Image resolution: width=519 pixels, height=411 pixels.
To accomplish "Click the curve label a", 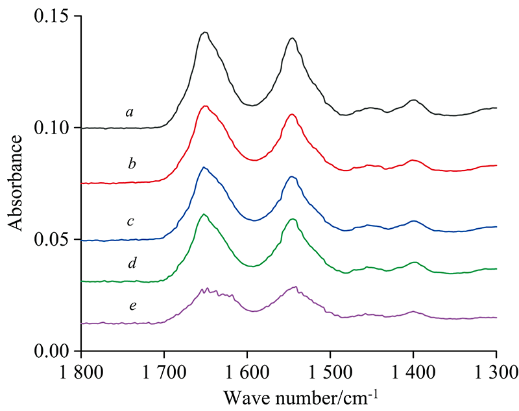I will (130, 113).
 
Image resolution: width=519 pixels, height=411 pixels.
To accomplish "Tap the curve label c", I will (130, 222).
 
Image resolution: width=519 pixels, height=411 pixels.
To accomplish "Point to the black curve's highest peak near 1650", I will (204, 32).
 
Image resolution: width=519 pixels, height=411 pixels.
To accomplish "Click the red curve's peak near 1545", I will (292, 114).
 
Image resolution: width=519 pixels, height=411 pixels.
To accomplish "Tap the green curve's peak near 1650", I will (204, 214).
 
